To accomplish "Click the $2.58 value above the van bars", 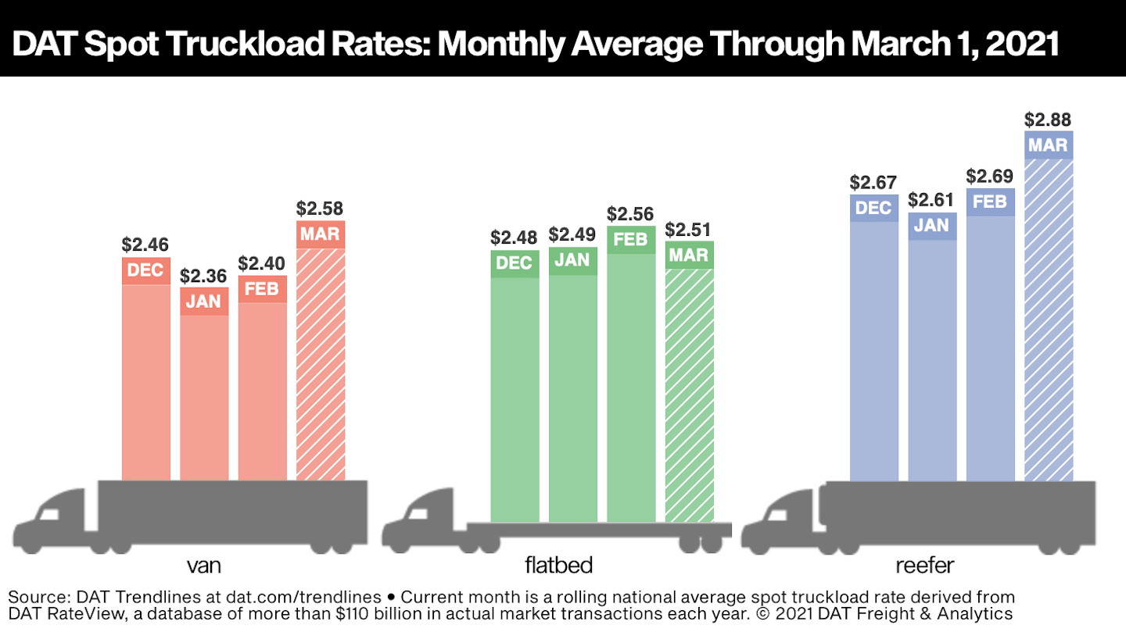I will click(320, 209).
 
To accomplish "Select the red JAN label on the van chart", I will click(204, 301).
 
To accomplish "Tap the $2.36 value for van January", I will click(204, 276).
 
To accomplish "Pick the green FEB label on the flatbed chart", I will click(630, 239).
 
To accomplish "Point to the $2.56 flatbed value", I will click(630, 214).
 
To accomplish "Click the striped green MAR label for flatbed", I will click(689, 255).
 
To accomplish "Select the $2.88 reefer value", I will click(1048, 120).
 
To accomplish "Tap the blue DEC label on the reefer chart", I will click(873, 208).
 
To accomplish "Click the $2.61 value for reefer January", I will click(931, 200).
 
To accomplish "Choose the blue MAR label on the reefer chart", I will click(1048, 145).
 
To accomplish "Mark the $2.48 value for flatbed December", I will click(515, 237).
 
